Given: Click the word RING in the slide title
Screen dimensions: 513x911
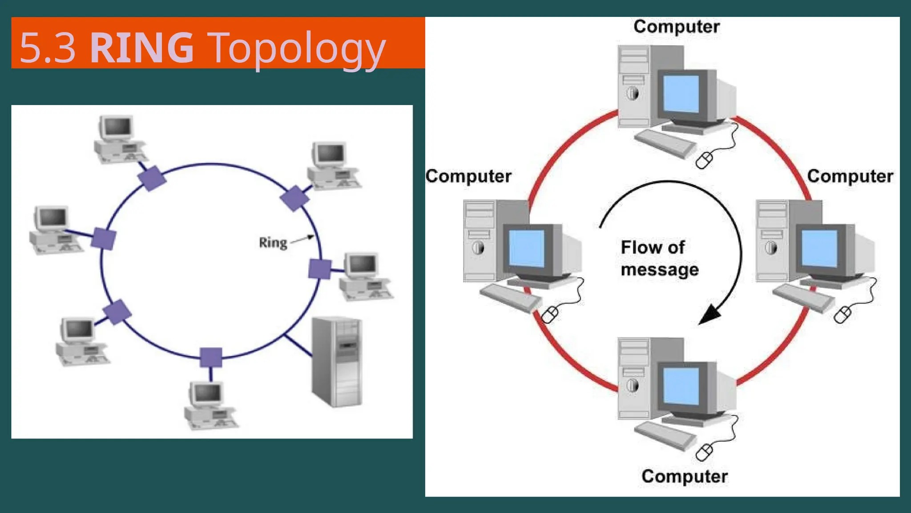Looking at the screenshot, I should pos(142,48).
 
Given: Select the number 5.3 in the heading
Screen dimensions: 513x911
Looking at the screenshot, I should pos(48,48).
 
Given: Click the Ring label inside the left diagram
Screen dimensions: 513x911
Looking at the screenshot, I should pos(273,243).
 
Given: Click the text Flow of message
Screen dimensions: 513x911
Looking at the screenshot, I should pos(659,258).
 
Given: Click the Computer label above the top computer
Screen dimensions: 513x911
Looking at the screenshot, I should pos(677,27).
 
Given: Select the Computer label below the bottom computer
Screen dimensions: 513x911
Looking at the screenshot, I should pos(685,476).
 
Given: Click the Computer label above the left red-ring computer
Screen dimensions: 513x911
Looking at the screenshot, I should pos(468,176).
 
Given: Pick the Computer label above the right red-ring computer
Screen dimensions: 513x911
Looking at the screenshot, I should pos(850,176).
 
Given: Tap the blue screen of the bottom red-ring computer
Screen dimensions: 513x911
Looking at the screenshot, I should pos(681,386).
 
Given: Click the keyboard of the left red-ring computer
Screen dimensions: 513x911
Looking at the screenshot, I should pos(510,297).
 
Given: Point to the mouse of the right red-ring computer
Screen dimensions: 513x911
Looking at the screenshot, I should pos(842,314).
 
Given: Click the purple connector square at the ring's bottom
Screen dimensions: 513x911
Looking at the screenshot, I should pos(211,357).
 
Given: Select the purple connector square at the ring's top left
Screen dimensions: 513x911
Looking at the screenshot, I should pos(152,178).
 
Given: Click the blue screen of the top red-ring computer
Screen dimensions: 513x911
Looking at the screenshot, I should pos(681,94).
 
